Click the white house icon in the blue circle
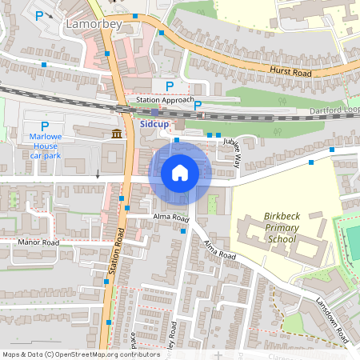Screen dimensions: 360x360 pyautogui.click(x=180, y=172)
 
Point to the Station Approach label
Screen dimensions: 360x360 pyautogui.click(x=165, y=100)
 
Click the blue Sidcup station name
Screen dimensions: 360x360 pyautogui.click(x=154, y=125)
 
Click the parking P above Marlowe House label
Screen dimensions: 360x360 pyautogui.click(x=45, y=126)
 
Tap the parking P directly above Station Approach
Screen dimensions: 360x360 pyautogui.click(x=169, y=86)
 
